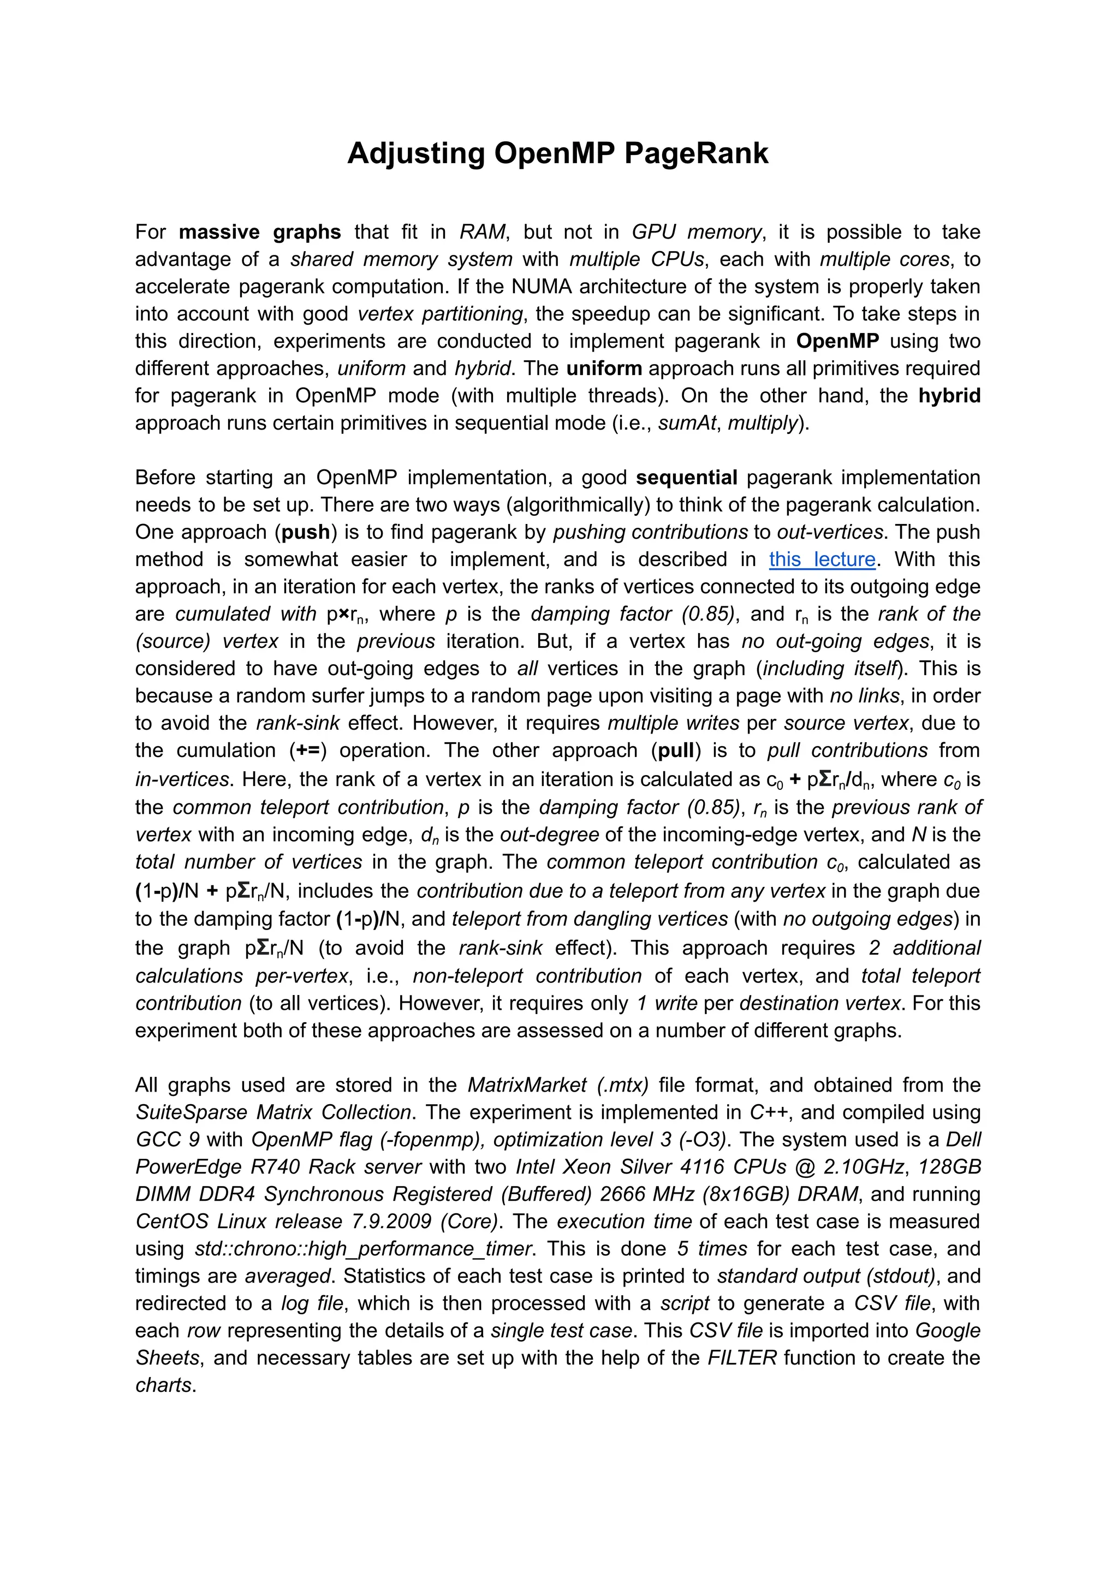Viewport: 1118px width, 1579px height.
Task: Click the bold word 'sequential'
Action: click(x=686, y=477)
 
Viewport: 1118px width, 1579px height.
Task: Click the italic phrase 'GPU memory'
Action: click(x=697, y=232)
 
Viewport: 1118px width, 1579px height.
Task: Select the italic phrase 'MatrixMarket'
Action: click(x=527, y=1086)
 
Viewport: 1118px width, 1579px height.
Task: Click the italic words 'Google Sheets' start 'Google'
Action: click(x=947, y=1331)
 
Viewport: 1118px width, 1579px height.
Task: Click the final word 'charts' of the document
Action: click(x=164, y=1385)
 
